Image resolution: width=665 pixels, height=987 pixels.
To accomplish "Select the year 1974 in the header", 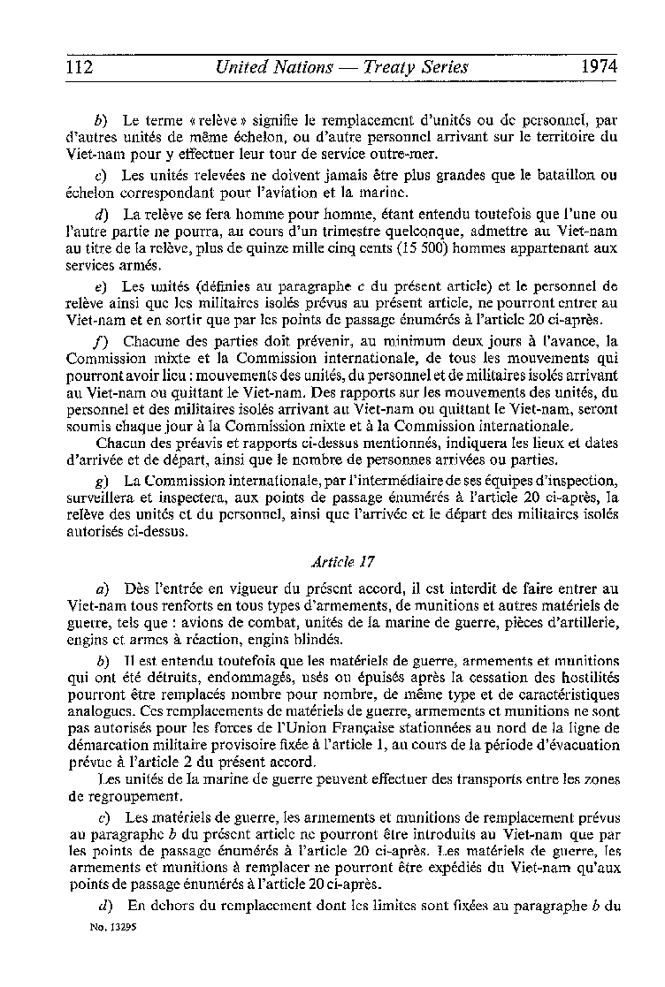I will tap(599, 67).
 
